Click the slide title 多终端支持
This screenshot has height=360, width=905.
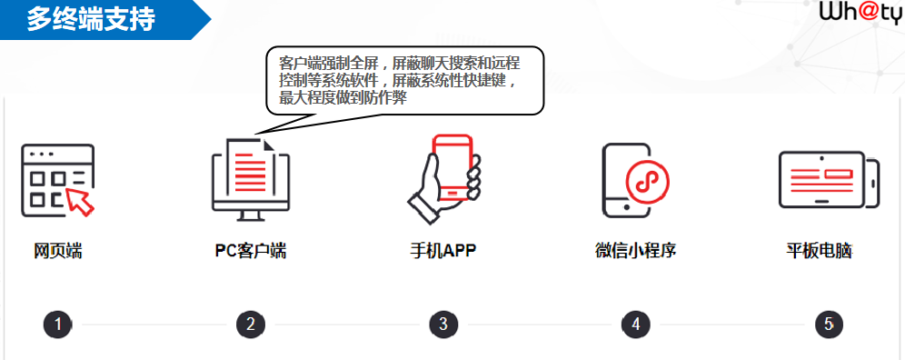(91, 20)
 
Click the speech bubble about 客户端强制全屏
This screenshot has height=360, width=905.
(404, 81)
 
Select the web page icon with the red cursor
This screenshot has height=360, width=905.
(58, 180)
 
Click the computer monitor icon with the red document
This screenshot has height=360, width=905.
(251, 179)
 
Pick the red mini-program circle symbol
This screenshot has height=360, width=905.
(647, 182)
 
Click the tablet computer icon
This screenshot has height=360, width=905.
(829, 179)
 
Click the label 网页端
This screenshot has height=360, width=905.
(58, 252)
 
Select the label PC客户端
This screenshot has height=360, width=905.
(251, 252)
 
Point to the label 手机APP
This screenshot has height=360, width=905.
(443, 252)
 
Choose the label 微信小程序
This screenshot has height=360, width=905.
(635, 252)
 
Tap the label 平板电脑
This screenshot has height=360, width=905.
(819, 252)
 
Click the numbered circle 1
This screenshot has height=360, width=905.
(58, 325)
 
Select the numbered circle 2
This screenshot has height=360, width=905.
(251, 325)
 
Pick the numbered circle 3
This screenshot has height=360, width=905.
(443, 325)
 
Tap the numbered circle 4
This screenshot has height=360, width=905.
(636, 325)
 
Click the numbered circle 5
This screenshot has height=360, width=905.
(829, 325)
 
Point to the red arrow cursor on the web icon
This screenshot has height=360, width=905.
(81, 201)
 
